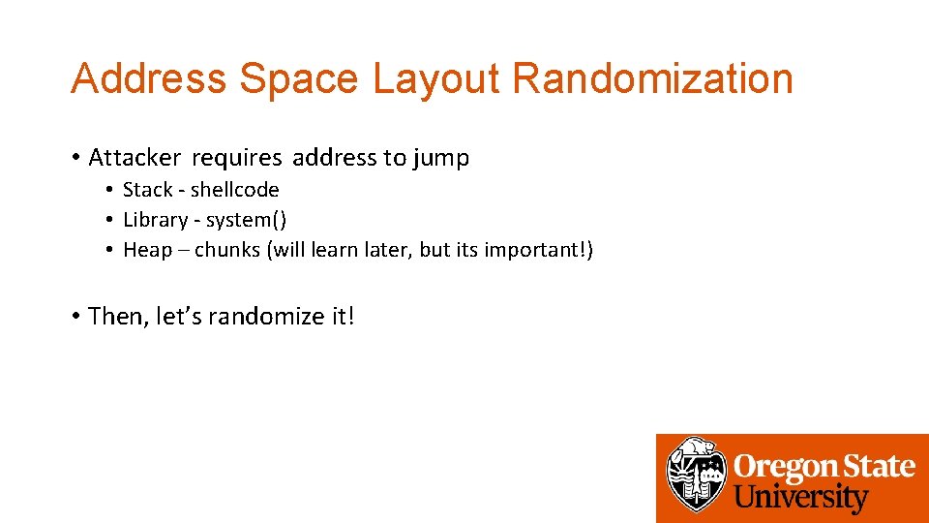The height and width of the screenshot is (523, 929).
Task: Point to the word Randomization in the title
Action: coord(652,78)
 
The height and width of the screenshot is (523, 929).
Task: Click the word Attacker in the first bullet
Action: coord(134,158)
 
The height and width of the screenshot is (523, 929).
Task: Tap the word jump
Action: coord(440,158)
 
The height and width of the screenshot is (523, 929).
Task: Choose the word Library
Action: coord(155,220)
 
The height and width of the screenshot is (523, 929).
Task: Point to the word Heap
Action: coord(147,250)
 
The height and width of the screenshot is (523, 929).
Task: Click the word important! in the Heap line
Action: coord(538,250)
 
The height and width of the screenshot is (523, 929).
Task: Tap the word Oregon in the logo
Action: coord(779,467)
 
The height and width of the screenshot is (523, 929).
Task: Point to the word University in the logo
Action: coord(801,498)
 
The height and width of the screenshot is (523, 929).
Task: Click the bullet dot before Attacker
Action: coord(75,158)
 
